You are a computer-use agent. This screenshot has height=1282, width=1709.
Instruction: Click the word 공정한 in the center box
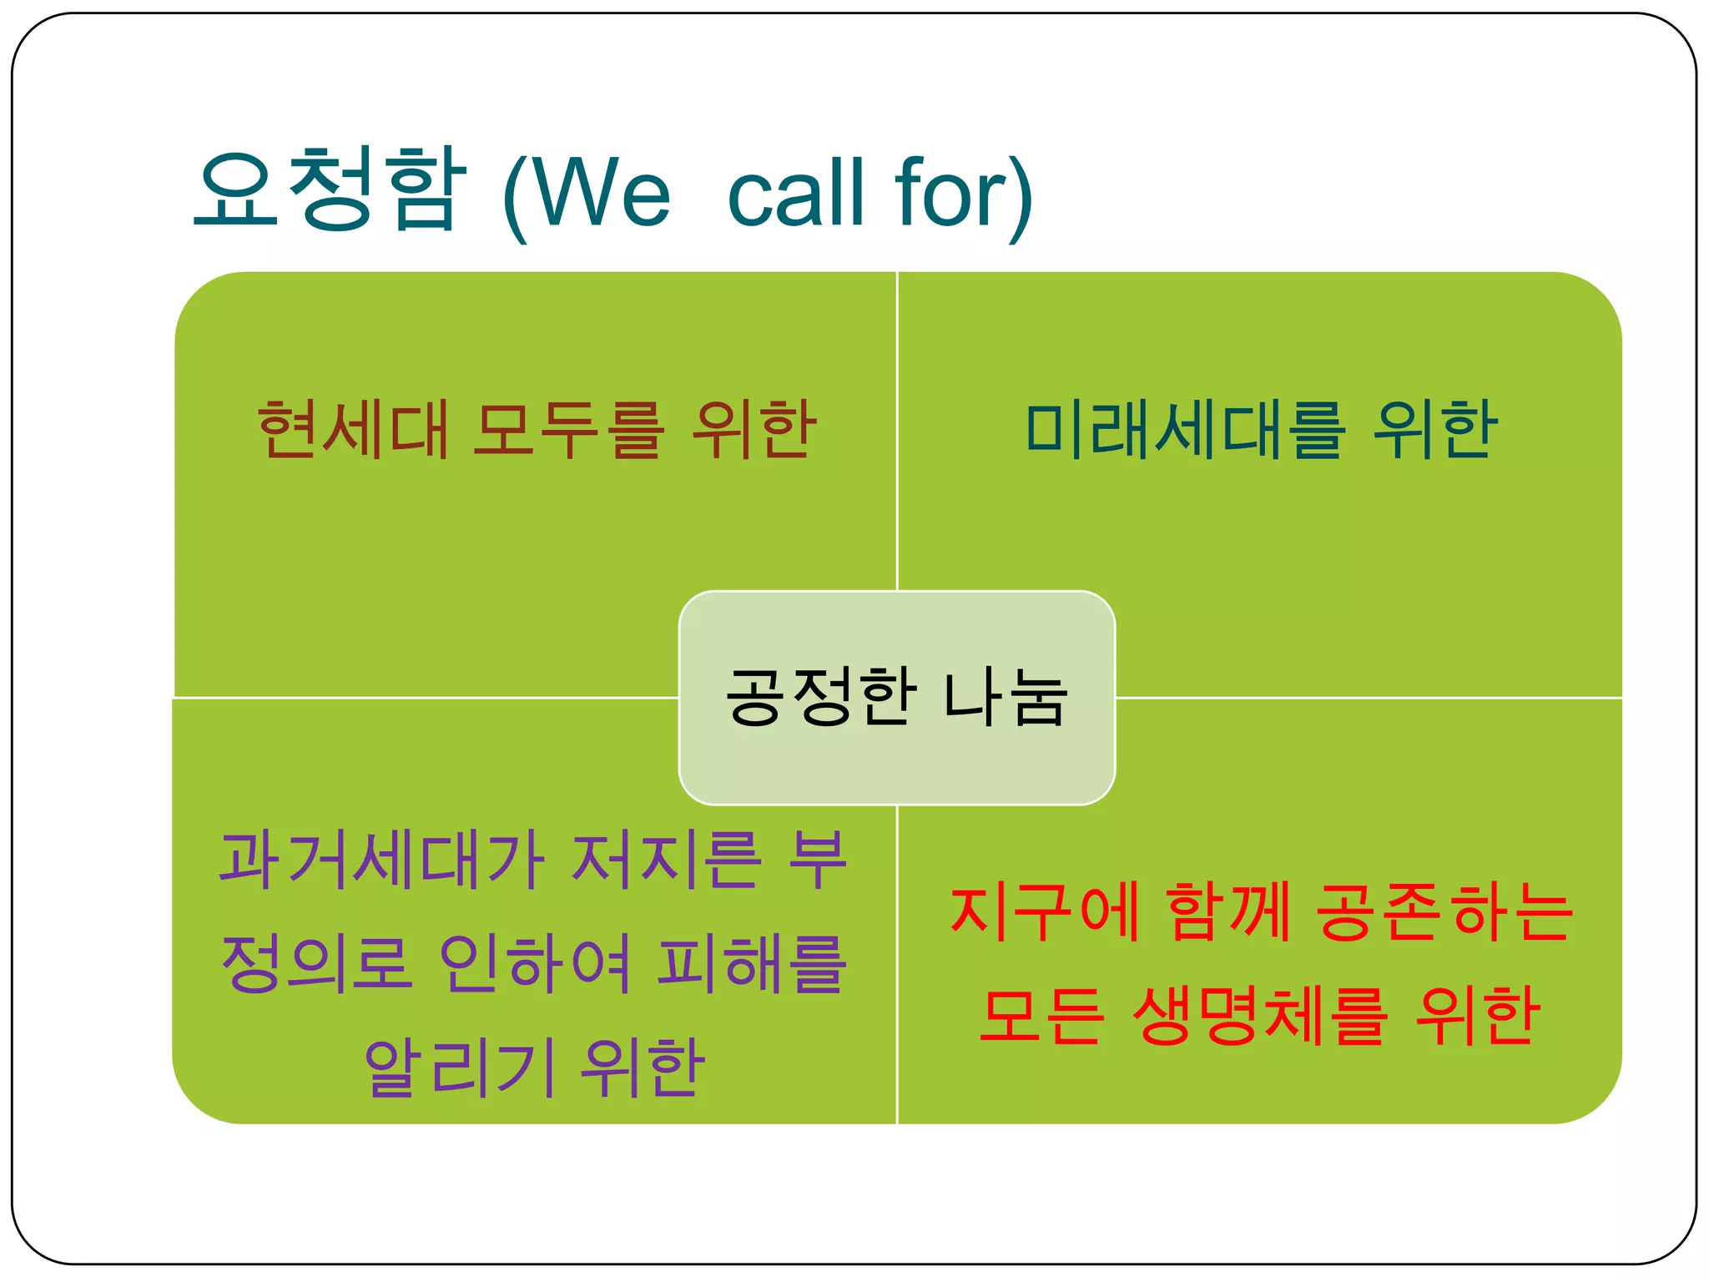tap(821, 697)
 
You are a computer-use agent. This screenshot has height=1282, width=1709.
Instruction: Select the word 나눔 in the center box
tap(1006, 697)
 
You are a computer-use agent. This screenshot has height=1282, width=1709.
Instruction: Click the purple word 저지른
tap(667, 860)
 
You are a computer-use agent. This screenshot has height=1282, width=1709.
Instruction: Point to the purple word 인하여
tap(534, 964)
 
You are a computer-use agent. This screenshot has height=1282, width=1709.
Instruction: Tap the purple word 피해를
tap(751, 964)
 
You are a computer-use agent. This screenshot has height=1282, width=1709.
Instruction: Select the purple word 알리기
tap(460, 1068)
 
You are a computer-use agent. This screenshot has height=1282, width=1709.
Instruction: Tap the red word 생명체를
tap(1260, 1016)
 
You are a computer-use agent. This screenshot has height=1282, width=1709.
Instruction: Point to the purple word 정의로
tap(316, 964)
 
